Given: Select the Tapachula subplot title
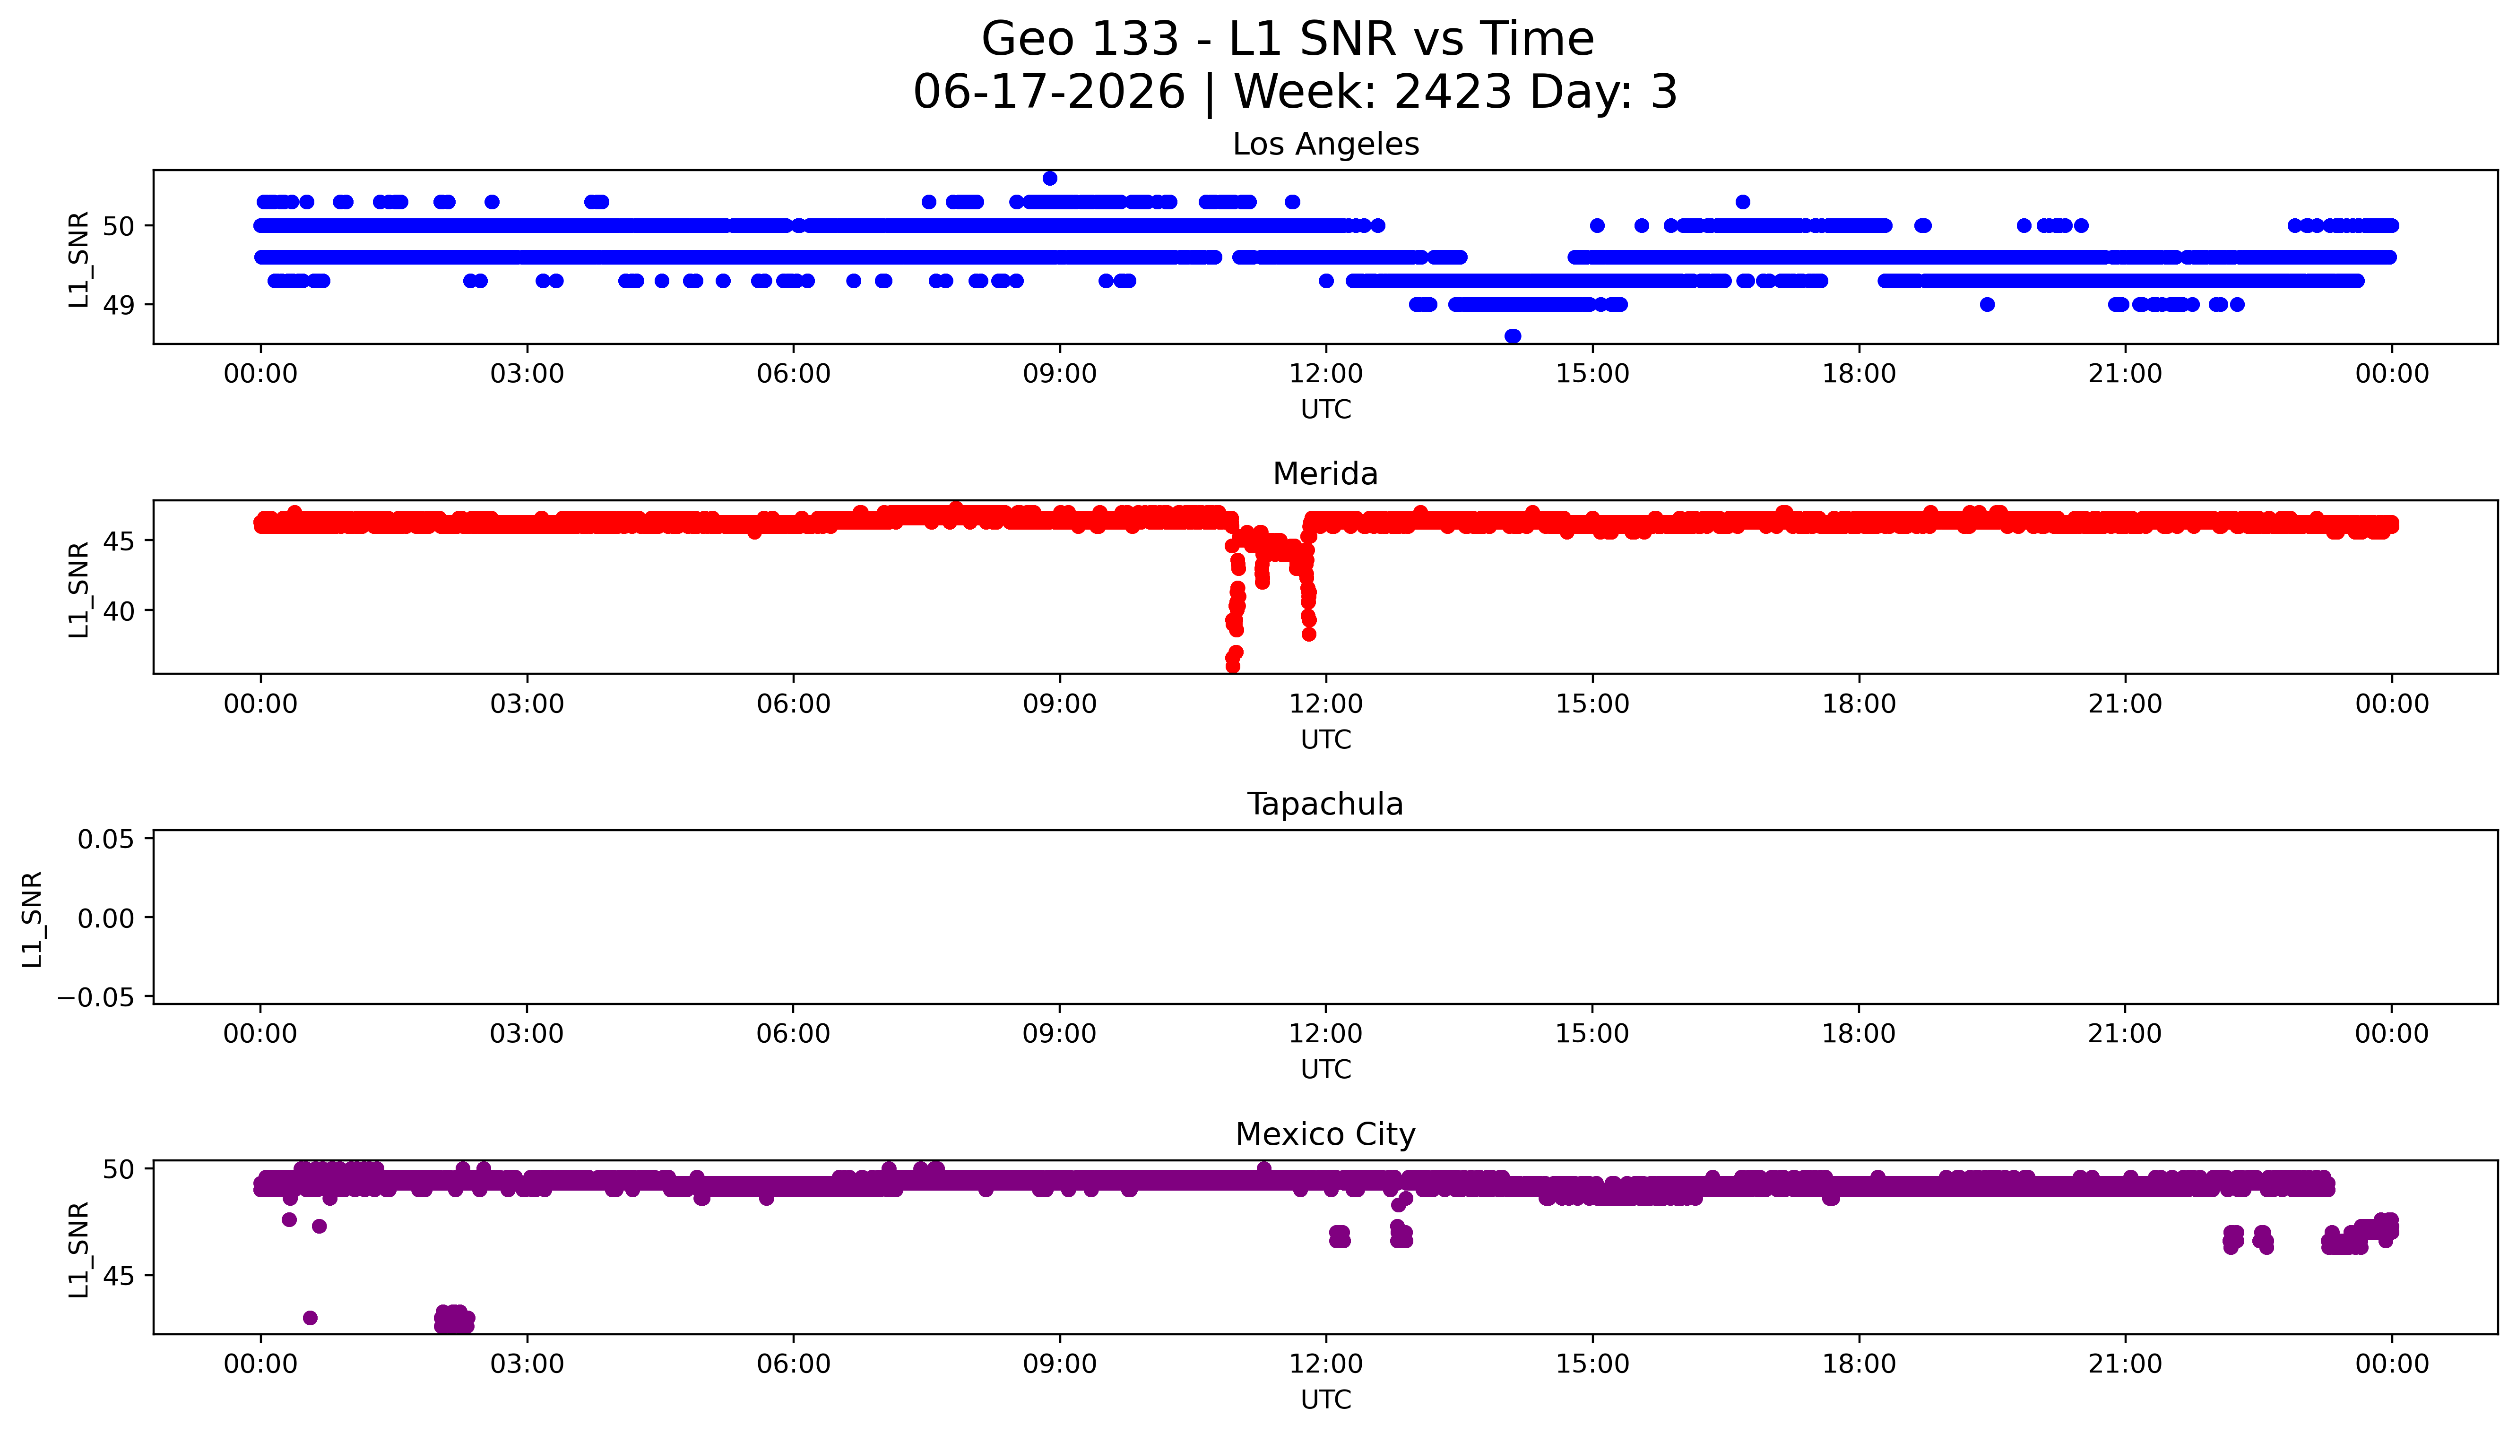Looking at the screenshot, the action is click(1325, 804).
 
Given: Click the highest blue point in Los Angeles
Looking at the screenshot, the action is click(1049, 178).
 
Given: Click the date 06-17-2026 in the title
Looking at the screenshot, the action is click(1048, 92).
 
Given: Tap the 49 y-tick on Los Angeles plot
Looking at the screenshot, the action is click(119, 305).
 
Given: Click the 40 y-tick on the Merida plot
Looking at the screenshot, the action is click(119, 610).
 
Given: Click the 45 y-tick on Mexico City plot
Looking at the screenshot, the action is click(119, 1276).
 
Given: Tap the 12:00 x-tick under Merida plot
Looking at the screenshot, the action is click(1326, 704).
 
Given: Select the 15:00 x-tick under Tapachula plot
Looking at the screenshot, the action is click(1592, 1033).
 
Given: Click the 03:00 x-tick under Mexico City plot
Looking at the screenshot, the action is click(527, 1364).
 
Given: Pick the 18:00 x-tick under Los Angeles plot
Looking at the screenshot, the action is click(1859, 374).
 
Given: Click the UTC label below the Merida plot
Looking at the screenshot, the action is click(1326, 739).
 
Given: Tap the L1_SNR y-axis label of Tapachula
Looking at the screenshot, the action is click(33, 918).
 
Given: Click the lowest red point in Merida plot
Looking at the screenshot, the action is click(1232, 666).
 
